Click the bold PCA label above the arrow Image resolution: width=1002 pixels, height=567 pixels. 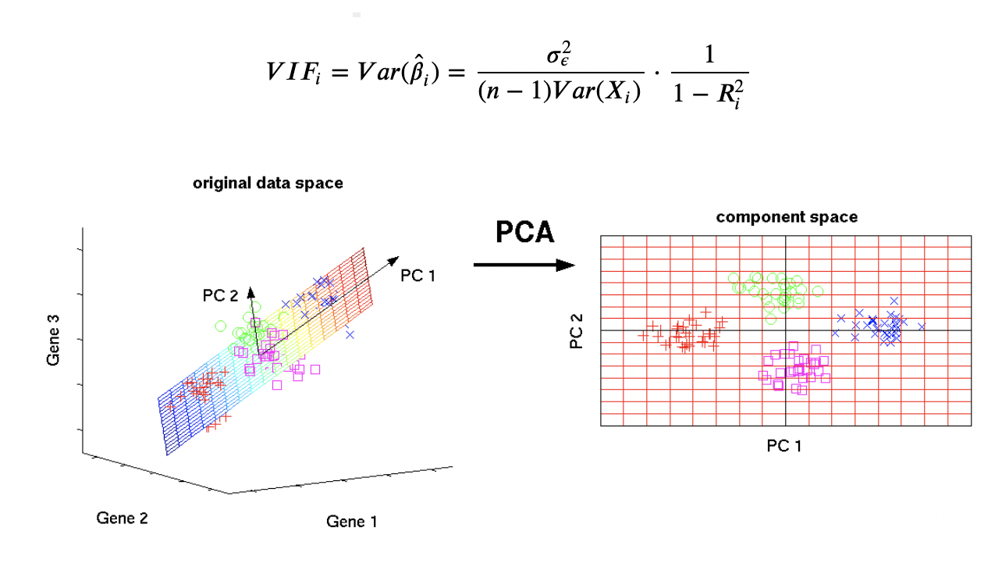(525, 232)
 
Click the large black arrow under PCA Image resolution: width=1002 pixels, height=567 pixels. (524, 265)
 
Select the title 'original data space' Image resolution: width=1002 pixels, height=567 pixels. (268, 184)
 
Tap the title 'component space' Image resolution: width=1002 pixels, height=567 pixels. (787, 217)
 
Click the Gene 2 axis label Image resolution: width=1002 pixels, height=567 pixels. (122, 518)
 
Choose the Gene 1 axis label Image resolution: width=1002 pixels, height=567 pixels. (351, 521)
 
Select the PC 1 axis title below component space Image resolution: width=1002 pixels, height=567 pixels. (784, 445)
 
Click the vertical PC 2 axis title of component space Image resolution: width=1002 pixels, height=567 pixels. (577, 331)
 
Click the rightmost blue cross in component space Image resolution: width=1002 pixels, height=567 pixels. (921, 327)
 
